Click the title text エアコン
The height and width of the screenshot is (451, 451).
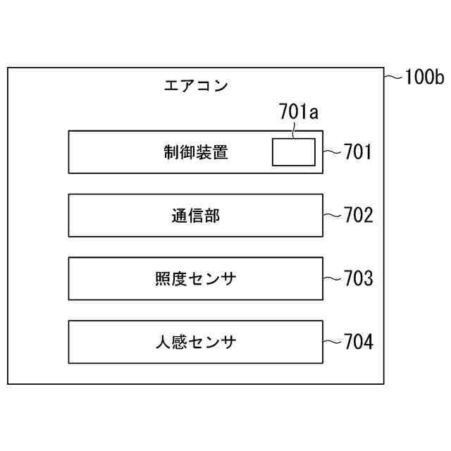coord(196,87)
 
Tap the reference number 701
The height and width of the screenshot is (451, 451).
coord(357,152)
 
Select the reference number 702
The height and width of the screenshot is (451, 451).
coord(358,215)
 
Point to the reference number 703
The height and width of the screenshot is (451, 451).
coord(358,278)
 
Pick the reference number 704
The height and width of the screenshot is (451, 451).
coord(358,342)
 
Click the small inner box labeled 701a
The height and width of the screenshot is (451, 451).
coord(294,152)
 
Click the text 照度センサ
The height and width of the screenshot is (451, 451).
coord(196,279)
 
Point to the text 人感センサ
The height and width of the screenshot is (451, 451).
coord(196,342)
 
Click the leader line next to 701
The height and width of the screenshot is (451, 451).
coord(332,152)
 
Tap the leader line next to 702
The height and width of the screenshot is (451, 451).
coord(332,215)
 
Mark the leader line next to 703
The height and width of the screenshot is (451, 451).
coord(332,278)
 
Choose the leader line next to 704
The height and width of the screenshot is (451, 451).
coord(332,342)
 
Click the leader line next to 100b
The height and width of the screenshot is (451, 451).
coord(393,76)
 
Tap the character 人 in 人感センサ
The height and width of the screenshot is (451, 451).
coord(163,342)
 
